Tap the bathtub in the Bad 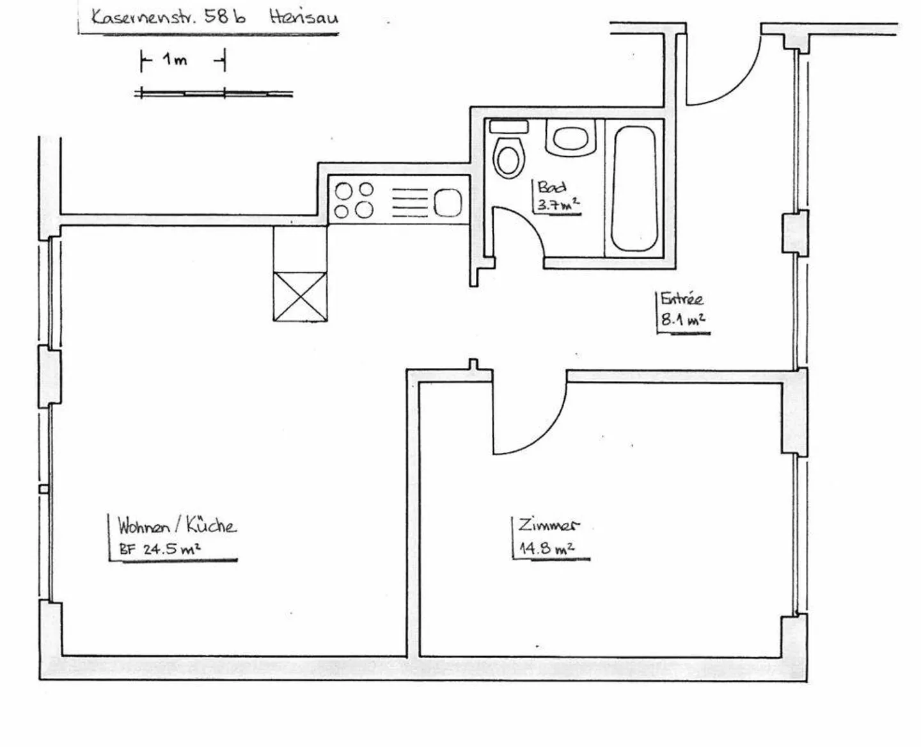coord(634,189)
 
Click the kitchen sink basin coord(448,202)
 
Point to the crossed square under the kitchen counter coord(300,296)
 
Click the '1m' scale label coord(174,61)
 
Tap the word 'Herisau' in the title coord(303,17)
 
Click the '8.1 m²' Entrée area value coord(682,319)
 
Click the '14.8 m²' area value coord(546,549)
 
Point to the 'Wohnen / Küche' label coord(177,526)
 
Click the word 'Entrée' coord(682,299)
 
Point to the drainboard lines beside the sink coord(409,202)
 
